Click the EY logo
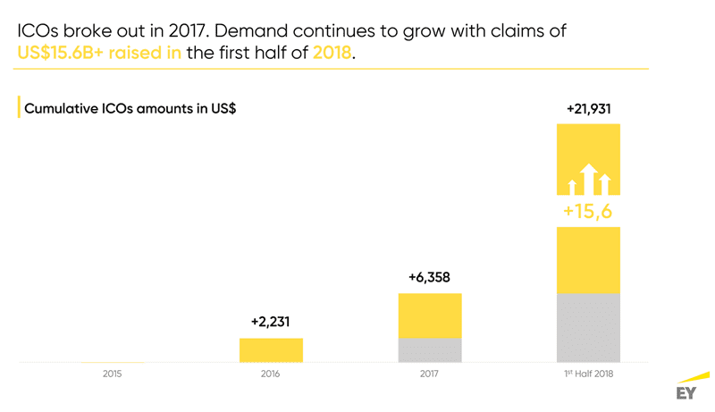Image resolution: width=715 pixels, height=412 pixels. coord(686,393)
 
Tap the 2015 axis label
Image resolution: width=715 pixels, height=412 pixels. coord(113,374)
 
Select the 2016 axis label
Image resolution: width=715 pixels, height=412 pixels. coord(271,374)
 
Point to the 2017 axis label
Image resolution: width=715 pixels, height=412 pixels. coord(430,374)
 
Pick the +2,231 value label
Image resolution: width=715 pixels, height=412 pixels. coord(271,321)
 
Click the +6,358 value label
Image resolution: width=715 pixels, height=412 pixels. coord(430,276)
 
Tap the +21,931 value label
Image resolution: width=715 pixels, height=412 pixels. coord(588,108)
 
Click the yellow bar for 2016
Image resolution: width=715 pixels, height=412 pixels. coord(271,350)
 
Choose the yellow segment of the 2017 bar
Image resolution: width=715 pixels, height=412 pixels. coord(430,315)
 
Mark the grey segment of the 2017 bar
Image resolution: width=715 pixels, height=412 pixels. coord(430,350)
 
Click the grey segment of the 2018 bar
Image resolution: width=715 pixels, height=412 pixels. coord(588,328)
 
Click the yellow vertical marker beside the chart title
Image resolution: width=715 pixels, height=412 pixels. coord(19,108)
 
